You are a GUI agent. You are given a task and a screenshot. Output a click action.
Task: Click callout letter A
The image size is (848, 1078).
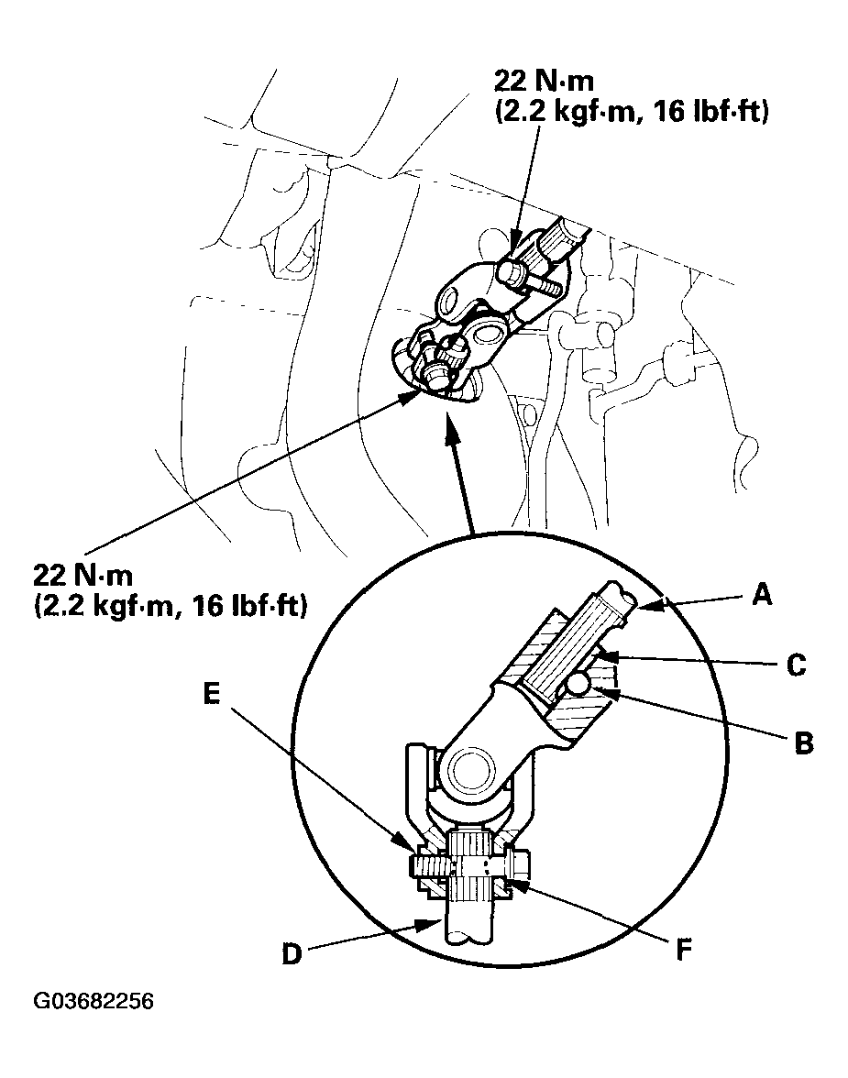click(760, 597)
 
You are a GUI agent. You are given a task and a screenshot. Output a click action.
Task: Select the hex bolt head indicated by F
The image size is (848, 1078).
click(517, 865)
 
